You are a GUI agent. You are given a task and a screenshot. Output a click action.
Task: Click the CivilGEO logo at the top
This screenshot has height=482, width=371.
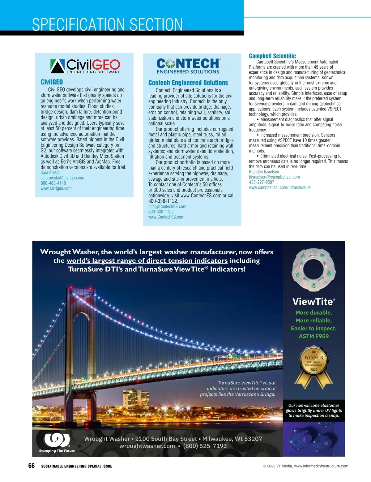(x=85, y=66)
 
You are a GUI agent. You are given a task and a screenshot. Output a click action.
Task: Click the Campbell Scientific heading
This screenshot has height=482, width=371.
(x=272, y=56)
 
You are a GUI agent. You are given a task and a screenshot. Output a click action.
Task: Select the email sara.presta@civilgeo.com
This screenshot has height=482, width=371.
(x=63, y=178)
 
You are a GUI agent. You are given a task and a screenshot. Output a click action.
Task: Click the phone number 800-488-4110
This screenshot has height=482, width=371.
(x=53, y=183)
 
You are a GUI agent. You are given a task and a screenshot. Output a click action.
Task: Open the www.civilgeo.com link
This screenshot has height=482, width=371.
(x=56, y=188)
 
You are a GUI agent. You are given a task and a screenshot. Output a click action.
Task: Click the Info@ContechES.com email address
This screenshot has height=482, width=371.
(x=167, y=207)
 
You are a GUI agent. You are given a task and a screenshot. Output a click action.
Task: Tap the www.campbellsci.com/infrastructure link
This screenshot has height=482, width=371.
(x=280, y=187)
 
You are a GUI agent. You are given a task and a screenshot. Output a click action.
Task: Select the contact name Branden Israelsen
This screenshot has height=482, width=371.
(x=264, y=172)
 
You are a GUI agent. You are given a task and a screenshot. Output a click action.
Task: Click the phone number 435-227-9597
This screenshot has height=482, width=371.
(x=262, y=182)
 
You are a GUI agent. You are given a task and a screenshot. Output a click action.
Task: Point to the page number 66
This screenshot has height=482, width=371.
(x=32, y=466)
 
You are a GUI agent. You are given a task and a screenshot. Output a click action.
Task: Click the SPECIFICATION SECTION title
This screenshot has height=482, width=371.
(x=107, y=24)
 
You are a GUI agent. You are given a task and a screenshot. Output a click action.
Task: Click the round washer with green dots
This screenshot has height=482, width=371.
(x=313, y=270)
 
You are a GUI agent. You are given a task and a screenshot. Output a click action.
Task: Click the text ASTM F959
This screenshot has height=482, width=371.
(x=314, y=336)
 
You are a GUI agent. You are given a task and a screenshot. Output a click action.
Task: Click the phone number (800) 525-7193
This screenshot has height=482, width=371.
(x=205, y=446)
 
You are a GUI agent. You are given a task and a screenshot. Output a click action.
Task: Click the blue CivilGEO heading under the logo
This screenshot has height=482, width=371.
(x=52, y=82)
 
